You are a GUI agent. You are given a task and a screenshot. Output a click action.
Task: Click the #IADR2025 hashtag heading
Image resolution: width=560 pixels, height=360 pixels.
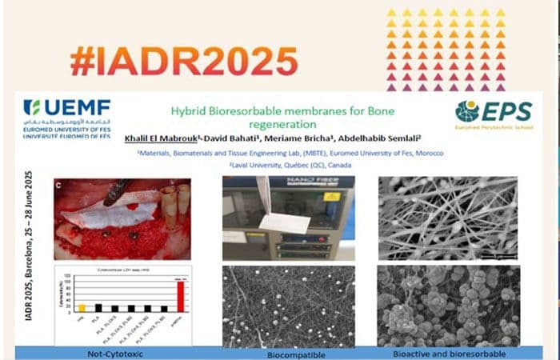click(x=183, y=61)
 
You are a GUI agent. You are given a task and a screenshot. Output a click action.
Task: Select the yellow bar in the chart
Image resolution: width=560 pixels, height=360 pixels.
click(x=82, y=306)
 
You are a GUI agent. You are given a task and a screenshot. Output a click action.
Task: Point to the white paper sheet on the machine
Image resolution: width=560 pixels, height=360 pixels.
click(x=283, y=218)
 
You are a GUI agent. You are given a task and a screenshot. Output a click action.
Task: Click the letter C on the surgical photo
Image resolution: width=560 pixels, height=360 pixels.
click(x=58, y=185)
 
